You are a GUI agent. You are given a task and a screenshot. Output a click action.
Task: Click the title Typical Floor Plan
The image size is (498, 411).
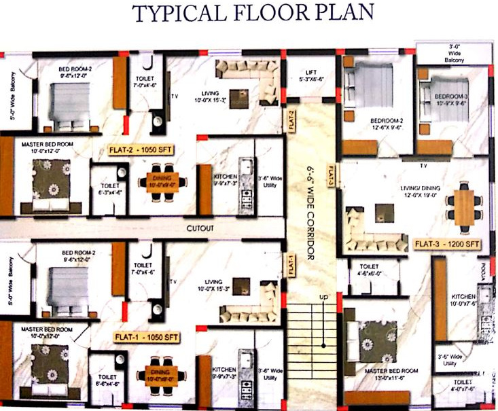pos(248,14)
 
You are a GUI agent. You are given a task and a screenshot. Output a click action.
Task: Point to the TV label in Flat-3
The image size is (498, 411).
pos(423,165)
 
